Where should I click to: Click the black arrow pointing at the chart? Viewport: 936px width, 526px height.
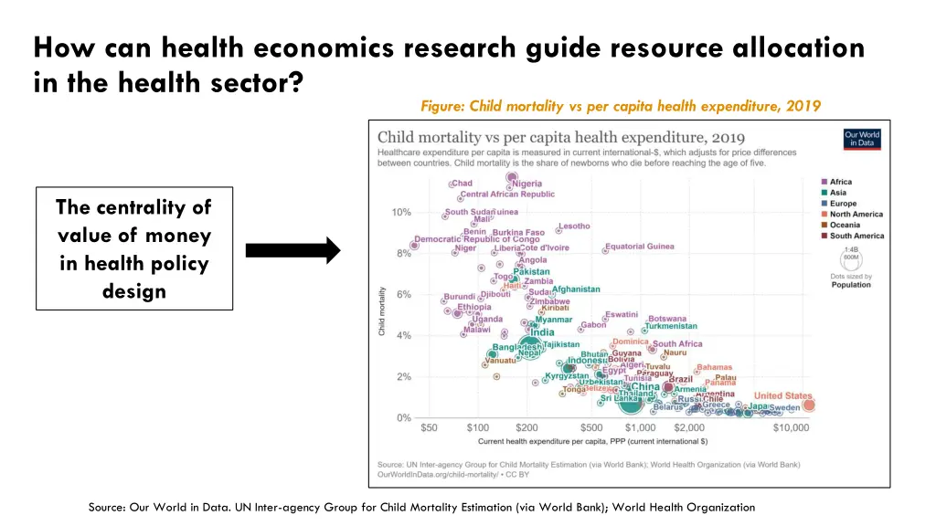coord(292,251)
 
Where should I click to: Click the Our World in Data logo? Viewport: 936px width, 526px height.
coord(862,138)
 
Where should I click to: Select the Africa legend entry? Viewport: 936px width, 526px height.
coord(841,182)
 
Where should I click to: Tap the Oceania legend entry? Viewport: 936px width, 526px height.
coord(845,225)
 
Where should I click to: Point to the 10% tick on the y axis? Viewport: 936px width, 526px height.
coord(401,212)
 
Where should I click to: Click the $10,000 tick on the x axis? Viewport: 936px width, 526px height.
coord(791,427)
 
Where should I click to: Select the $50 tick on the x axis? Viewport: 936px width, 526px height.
coord(429,427)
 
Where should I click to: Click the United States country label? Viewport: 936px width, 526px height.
coord(782,396)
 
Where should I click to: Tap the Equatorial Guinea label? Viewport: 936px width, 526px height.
coord(640,247)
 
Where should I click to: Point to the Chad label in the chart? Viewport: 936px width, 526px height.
coord(462,184)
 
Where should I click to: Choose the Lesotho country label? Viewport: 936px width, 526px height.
coord(574,226)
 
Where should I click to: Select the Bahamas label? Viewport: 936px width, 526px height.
coord(714,368)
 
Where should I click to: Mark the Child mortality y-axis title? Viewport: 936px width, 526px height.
coord(382,311)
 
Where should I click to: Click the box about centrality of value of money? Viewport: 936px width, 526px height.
coord(134,249)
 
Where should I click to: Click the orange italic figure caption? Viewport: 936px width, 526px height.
coord(621,106)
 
